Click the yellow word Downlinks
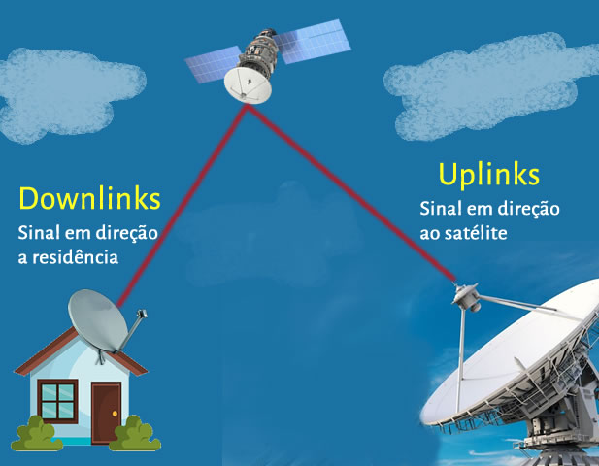[88, 199]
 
